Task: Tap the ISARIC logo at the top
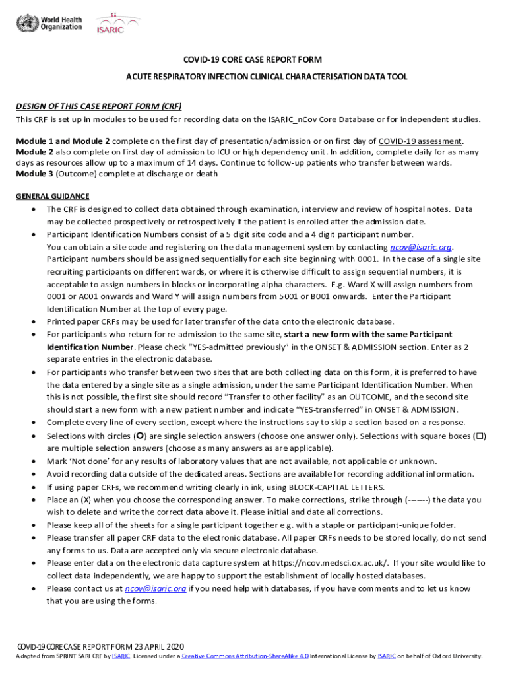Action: tap(117, 24)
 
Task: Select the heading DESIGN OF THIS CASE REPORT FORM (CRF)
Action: tap(99, 106)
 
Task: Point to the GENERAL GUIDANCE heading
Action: tap(52, 196)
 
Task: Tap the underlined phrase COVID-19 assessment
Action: tap(420, 141)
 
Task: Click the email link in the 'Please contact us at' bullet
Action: tap(155, 588)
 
